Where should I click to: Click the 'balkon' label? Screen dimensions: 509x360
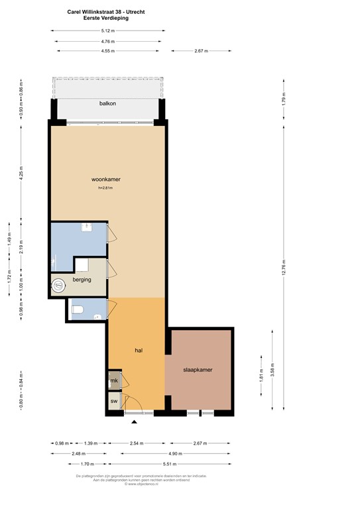click(x=108, y=104)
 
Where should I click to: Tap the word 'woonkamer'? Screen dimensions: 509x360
click(x=106, y=180)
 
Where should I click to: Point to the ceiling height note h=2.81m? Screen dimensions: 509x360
click(x=105, y=188)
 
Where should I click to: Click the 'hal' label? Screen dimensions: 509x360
click(x=139, y=350)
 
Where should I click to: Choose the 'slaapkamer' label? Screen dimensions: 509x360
click(x=198, y=370)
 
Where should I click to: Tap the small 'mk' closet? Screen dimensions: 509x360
click(x=114, y=381)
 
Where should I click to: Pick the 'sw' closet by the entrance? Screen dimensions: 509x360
click(x=114, y=402)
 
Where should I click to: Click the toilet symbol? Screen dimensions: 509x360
click(x=78, y=309)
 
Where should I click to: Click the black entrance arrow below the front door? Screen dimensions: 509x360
click(x=135, y=422)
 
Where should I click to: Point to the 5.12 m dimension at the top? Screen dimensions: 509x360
click(x=108, y=30)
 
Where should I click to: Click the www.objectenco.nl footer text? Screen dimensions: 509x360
click(x=141, y=484)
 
